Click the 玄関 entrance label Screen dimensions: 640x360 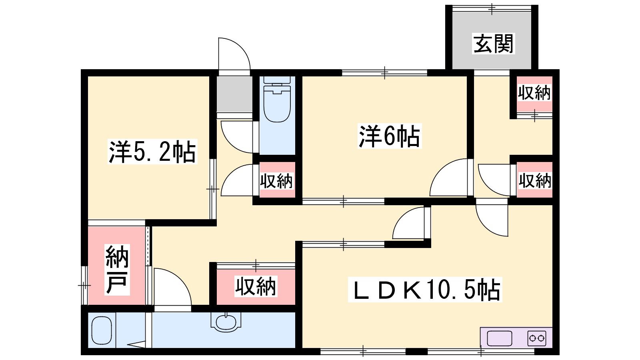(x=494, y=44)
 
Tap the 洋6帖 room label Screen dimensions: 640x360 (x=390, y=136)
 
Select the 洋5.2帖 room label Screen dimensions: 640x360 (x=152, y=152)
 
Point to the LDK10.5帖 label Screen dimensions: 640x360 (x=425, y=290)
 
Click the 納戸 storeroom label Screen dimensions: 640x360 (x=117, y=270)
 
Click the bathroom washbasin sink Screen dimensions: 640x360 (x=226, y=322)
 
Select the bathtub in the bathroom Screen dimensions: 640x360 (x=102, y=330)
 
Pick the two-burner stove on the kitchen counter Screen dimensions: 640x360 (x=536, y=338)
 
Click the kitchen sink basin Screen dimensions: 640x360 (x=500, y=338)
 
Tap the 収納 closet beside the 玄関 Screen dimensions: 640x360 (x=534, y=94)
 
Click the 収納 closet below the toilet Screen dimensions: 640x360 (x=277, y=180)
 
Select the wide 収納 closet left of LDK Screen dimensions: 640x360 (x=256, y=287)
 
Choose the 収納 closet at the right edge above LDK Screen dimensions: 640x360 (x=534, y=180)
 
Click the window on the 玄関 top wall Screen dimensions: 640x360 (x=492, y=8)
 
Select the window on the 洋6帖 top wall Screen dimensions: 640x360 (x=384, y=72)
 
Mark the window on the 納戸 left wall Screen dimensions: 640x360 (x=84, y=285)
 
